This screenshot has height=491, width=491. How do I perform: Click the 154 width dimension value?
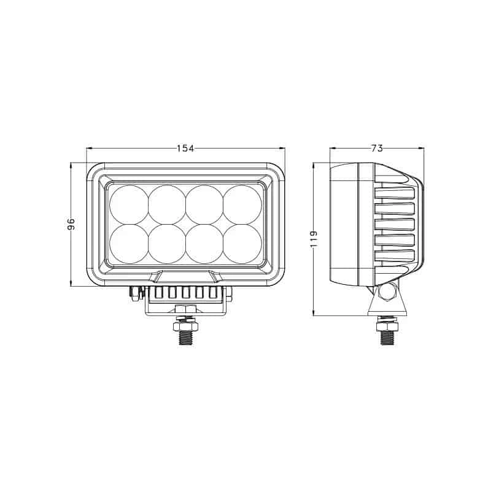click(185, 148)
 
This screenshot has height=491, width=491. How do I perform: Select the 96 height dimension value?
click(71, 224)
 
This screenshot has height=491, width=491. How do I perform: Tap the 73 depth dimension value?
click(377, 148)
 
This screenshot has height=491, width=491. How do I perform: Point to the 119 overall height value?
click(314, 239)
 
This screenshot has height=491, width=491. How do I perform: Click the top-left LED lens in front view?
click(129, 204)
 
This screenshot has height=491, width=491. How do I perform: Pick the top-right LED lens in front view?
click(242, 204)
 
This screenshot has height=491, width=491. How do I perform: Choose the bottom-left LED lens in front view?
click(129, 244)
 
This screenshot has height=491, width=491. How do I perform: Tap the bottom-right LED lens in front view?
click(242, 244)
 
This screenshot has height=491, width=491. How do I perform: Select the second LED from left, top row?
click(167, 204)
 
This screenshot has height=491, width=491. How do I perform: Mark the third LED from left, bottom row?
click(204, 244)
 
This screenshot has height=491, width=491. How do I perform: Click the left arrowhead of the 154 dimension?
click(89, 148)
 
